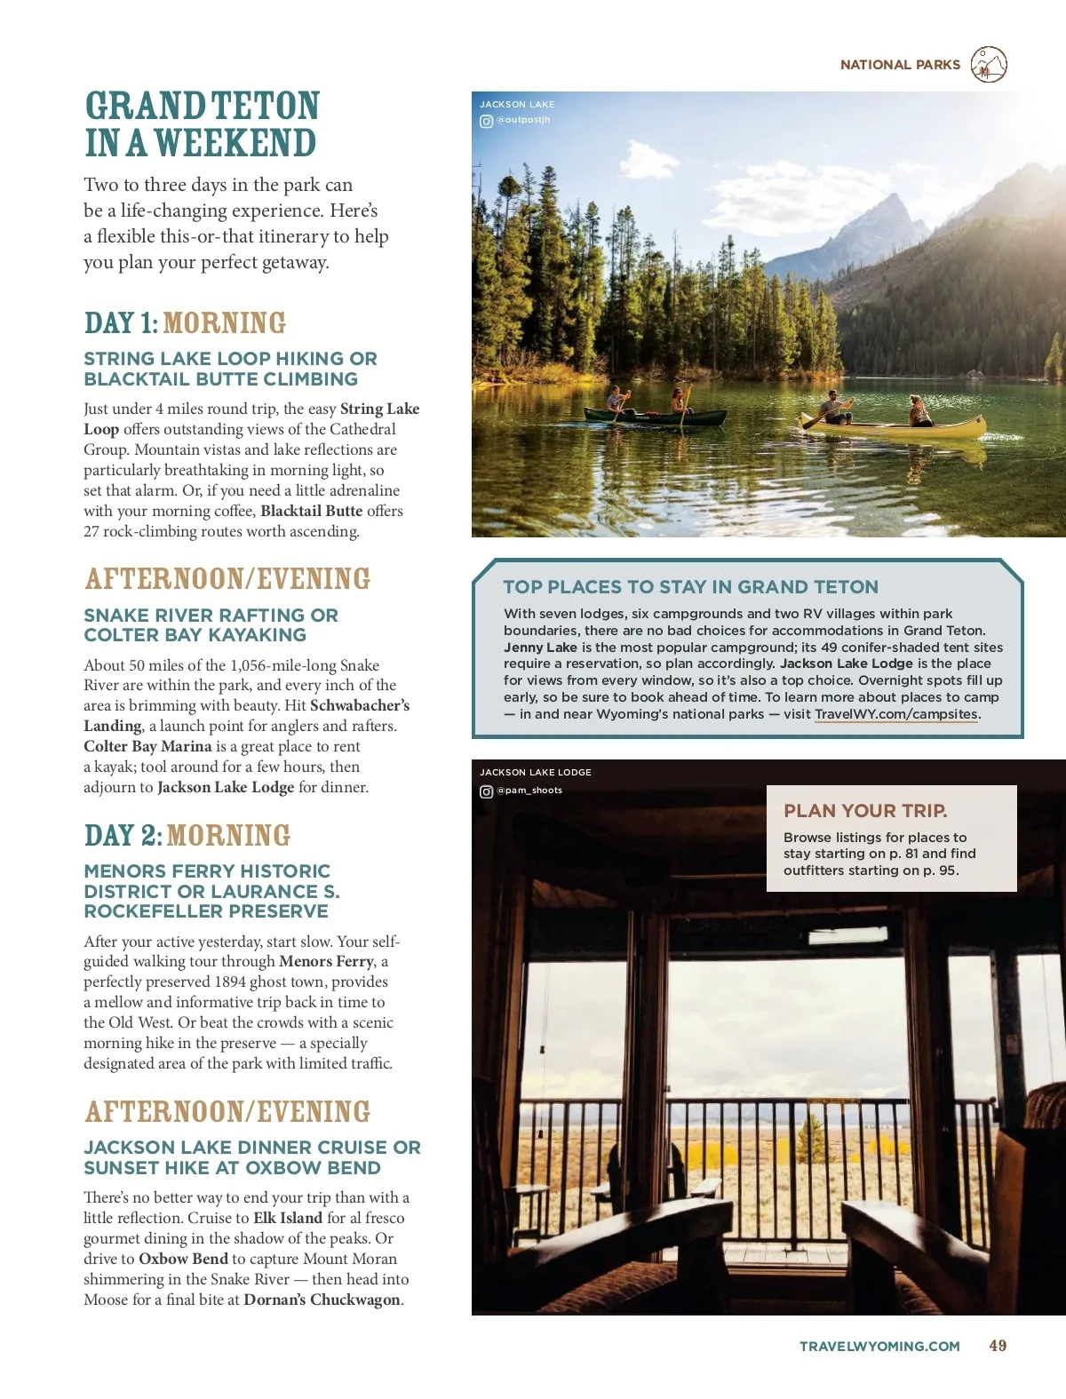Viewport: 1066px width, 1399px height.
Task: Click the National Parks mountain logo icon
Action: click(x=989, y=65)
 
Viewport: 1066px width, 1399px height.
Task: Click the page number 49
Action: click(x=998, y=1346)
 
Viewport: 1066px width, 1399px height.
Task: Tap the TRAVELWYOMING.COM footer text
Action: click(x=879, y=1347)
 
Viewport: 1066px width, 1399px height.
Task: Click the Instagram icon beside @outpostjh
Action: click(x=486, y=121)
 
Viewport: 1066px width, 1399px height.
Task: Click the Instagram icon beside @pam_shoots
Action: click(x=486, y=791)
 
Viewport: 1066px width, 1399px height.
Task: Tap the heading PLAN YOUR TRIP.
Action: click(x=865, y=811)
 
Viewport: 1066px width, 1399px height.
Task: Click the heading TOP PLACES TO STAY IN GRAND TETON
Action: click(x=690, y=587)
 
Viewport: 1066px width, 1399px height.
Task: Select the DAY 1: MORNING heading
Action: click(x=185, y=323)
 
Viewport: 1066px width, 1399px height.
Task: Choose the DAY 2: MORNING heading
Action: click(x=187, y=836)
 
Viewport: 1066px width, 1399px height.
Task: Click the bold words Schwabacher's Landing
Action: click(x=247, y=716)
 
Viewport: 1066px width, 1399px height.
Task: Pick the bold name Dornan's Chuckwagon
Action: click(x=322, y=1300)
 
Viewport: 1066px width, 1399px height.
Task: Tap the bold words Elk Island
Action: click(x=288, y=1218)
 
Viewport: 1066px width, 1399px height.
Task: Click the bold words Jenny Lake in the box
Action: click(x=540, y=648)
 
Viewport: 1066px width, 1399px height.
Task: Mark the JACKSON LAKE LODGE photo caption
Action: click(x=536, y=773)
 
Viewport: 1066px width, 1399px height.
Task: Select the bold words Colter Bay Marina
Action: click(x=147, y=746)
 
